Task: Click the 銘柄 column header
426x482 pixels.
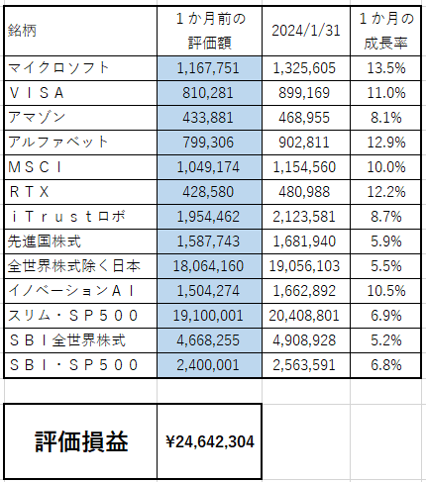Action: (x=22, y=31)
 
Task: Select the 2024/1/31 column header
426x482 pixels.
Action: (x=306, y=31)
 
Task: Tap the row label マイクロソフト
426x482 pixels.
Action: (x=58, y=68)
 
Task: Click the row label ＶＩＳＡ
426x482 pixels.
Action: (x=37, y=93)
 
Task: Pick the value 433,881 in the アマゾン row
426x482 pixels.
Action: (x=208, y=118)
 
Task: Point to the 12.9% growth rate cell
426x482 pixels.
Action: (x=386, y=143)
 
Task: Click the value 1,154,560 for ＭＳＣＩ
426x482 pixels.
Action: (x=304, y=167)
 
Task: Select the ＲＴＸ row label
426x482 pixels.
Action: (x=29, y=192)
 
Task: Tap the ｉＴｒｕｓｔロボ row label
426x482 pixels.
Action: (x=67, y=217)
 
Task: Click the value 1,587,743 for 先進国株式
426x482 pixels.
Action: (x=208, y=241)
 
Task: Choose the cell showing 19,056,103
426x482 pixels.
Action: (x=304, y=266)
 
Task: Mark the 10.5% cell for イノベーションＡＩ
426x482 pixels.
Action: (x=386, y=291)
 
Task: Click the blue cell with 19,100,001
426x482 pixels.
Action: (x=208, y=316)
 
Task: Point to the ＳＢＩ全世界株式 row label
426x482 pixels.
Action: (x=67, y=340)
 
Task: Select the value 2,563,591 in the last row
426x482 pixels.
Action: (x=304, y=365)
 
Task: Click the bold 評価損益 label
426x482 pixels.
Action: (x=81, y=441)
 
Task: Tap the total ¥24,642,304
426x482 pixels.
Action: (x=210, y=441)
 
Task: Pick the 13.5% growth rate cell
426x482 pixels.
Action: (x=386, y=68)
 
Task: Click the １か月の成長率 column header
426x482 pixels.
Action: (x=386, y=31)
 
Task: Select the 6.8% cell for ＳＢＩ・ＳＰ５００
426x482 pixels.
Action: (x=386, y=365)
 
